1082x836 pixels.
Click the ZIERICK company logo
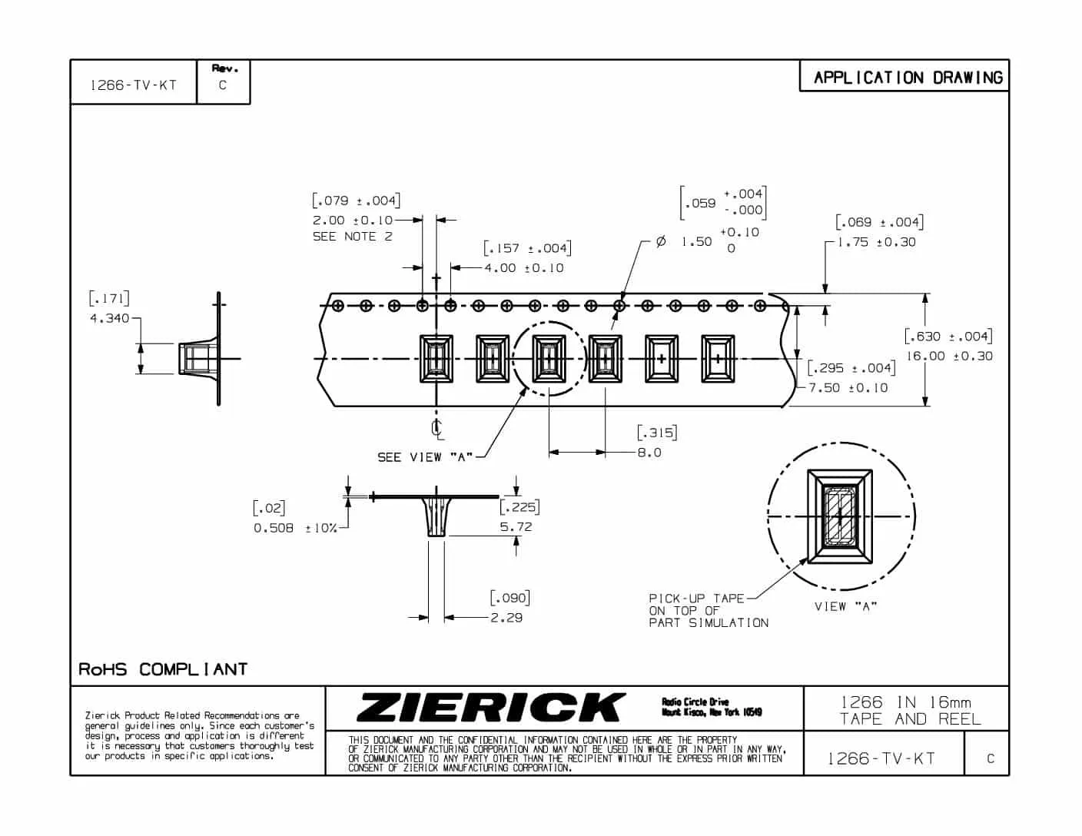490,707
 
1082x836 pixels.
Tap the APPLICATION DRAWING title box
904,75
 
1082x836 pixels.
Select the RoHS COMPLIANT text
163,669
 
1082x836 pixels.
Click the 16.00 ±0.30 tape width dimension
949,356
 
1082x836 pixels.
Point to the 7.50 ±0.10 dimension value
848,388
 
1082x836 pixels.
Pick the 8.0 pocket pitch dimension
649,453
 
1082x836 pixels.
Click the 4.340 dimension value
110,318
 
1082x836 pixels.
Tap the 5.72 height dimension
516,527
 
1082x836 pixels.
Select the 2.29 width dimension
506,618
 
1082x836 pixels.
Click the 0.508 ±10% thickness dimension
295,528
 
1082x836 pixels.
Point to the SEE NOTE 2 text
353,237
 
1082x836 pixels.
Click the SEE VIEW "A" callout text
425,457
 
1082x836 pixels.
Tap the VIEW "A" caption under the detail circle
845,606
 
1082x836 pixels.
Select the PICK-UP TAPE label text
696,599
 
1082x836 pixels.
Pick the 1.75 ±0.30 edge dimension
876,242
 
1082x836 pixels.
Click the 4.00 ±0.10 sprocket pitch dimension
524,268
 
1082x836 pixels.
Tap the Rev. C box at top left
224,81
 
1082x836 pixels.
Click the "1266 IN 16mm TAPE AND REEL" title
909,711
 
